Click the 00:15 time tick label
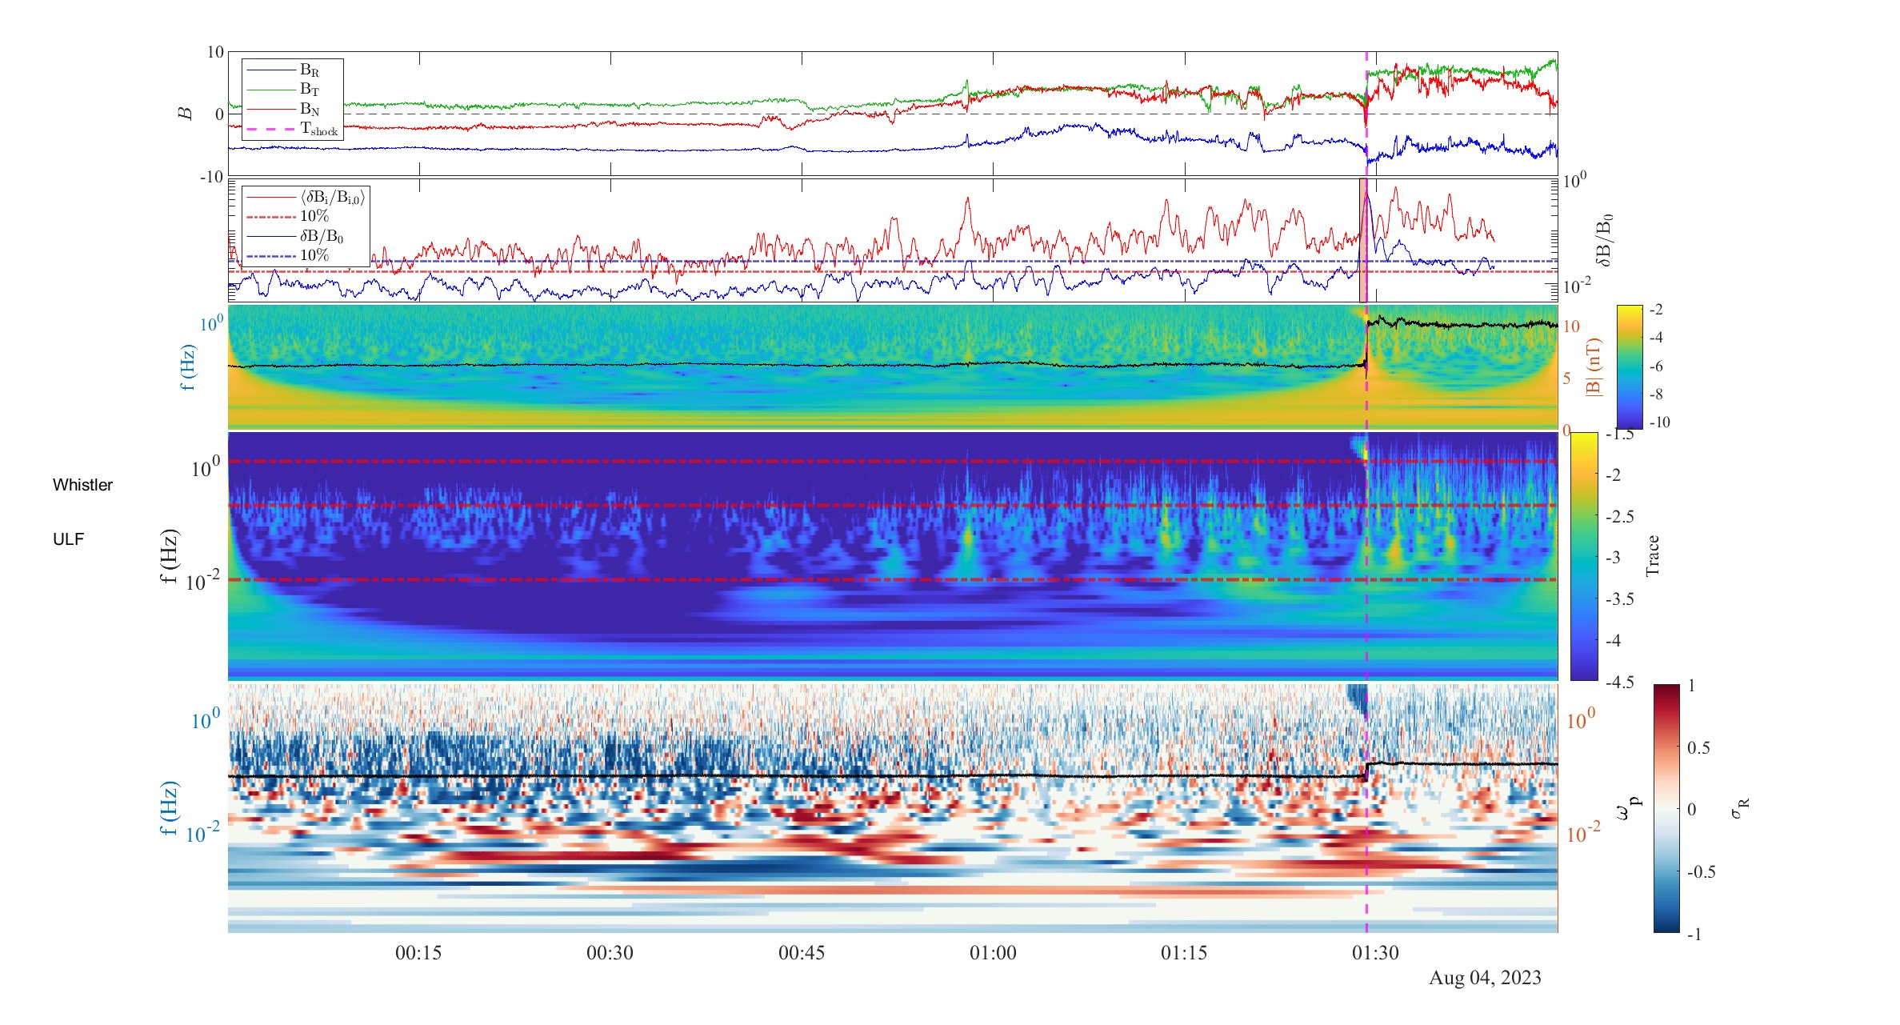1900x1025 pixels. tap(418, 953)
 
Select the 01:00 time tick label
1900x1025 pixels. tap(993, 953)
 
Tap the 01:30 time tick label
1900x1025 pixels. tap(1375, 953)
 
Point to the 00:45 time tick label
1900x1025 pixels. tap(802, 953)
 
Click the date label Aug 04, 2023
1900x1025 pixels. tap(1485, 978)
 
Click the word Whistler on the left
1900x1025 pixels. tap(82, 485)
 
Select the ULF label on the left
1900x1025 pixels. tap(68, 539)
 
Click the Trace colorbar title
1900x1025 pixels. tap(1652, 555)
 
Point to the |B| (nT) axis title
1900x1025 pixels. tap(1593, 367)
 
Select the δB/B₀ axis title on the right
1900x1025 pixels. tap(1603, 240)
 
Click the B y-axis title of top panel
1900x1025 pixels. tap(186, 114)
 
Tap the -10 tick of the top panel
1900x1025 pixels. tap(214, 177)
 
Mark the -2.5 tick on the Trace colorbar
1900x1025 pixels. tap(1619, 516)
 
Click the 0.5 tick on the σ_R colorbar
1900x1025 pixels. tap(1698, 747)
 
